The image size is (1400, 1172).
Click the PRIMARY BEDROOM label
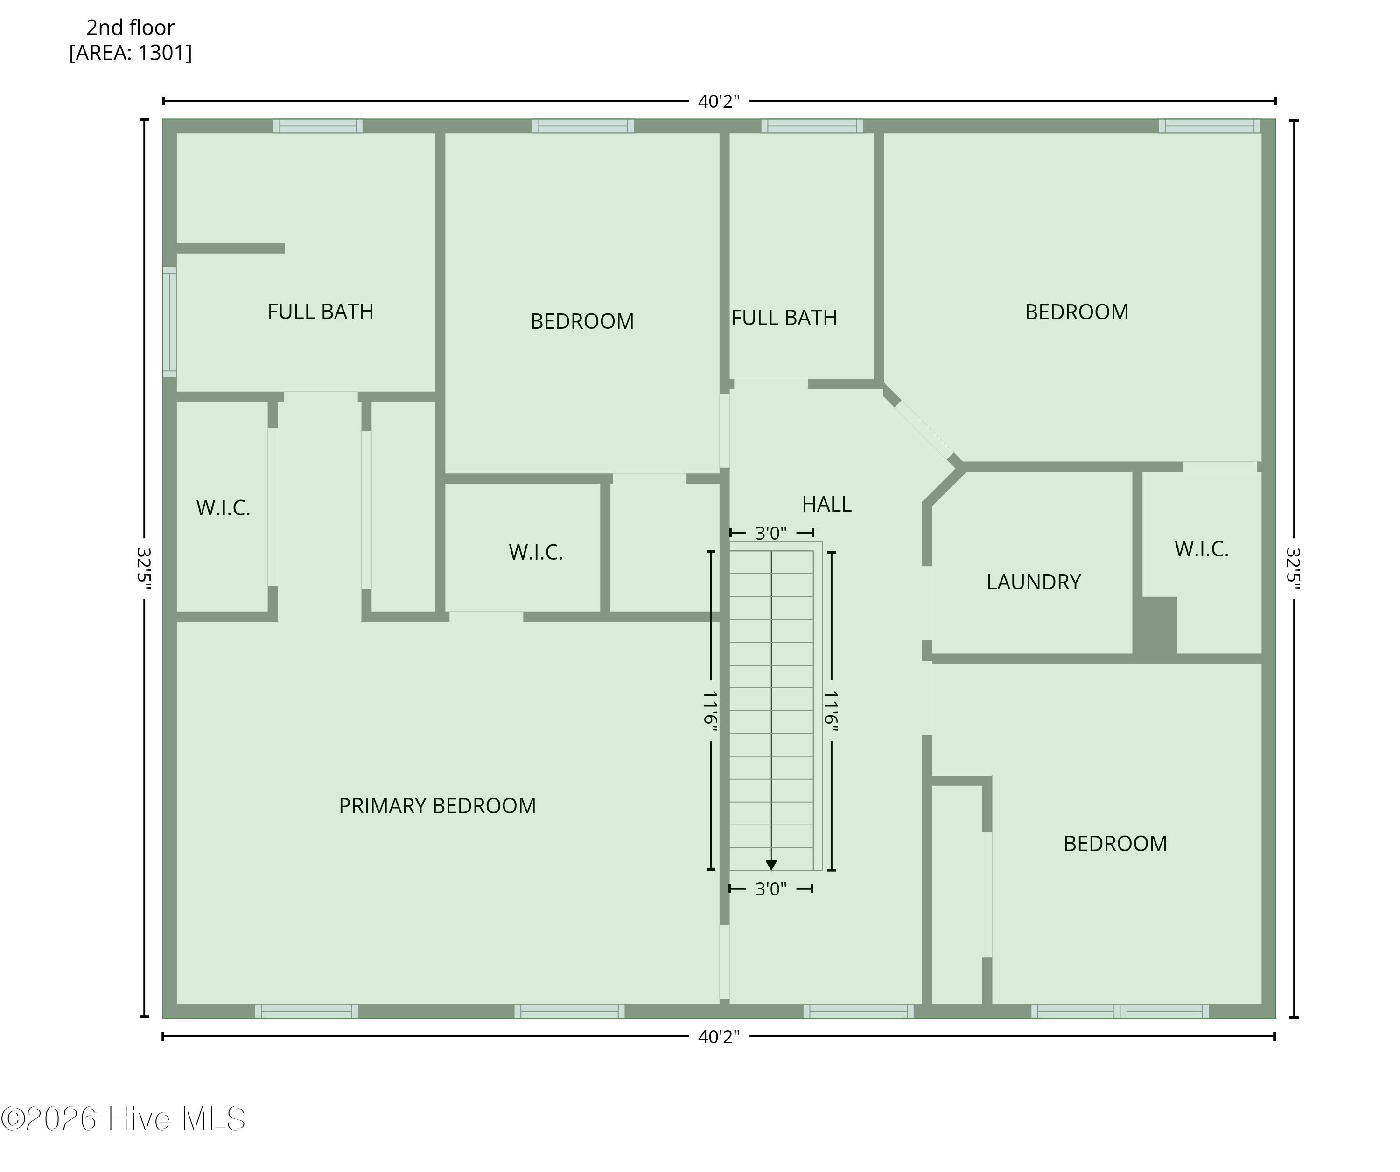point(437,806)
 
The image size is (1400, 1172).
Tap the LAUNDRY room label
point(1033,583)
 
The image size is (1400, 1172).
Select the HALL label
point(826,504)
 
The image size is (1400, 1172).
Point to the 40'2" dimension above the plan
point(719,101)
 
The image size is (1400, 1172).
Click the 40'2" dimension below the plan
point(719,1037)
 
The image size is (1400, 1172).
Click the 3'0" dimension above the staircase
point(771,533)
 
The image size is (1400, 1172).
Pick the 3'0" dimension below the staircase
point(771,889)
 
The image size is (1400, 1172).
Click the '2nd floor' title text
point(131,28)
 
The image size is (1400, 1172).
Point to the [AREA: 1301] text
point(131,53)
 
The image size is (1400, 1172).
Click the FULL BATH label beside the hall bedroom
point(784,318)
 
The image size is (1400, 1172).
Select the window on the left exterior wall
point(170,322)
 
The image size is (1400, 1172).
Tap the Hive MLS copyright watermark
point(123,1119)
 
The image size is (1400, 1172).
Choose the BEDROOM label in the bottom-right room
point(1115,844)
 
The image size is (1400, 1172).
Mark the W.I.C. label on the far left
point(224,508)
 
